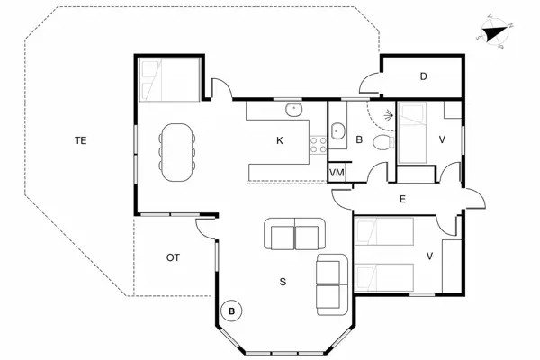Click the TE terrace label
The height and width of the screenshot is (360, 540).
point(80,140)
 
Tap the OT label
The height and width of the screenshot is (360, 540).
point(173,257)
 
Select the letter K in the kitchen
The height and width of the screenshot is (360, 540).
point(280,140)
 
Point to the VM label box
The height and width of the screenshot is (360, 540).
point(337,172)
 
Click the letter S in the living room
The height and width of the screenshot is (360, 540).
point(282,282)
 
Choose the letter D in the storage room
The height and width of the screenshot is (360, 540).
point(423,76)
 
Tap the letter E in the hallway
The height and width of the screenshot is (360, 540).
point(401,199)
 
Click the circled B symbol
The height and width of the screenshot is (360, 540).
point(232,311)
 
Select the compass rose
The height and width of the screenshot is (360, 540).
point(493,31)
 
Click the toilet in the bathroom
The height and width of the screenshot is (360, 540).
point(382,144)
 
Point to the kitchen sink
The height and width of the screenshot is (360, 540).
point(293,110)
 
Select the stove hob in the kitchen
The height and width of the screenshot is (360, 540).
point(318,144)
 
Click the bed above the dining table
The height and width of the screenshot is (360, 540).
point(168,80)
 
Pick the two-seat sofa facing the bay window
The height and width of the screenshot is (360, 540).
point(294,237)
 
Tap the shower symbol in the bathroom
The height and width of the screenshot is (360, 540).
point(387,116)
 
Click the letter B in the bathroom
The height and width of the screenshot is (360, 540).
point(358,140)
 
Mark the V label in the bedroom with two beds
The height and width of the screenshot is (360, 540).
point(429,256)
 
